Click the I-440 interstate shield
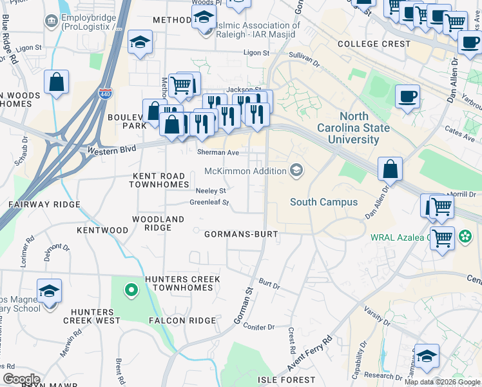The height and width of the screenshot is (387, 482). pyautogui.click(x=105, y=94)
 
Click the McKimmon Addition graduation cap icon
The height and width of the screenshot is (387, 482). pyautogui.click(x=296, y=171)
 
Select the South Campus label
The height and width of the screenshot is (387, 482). pyautogui.click(x=323, y=202)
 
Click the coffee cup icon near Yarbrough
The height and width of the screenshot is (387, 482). pyautogui.click(x=407, y=97)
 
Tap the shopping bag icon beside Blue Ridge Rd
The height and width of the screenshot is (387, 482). pyautogui.click(x=57, y=83)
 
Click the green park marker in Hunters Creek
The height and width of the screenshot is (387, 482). pyautogui.click(x=131, y=291)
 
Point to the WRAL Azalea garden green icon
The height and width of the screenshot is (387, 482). pyautogui.click(x=465, y=237)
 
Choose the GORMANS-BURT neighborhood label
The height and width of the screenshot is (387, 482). pyautogui.click(x=241, y=233)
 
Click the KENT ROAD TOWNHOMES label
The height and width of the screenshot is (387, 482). pyautogui.click(x=159, y=180)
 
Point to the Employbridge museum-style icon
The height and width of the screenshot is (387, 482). pyautogui.click(x=50, y=21)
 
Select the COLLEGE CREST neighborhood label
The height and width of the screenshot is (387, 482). pyautogui.click(x=374, y=44)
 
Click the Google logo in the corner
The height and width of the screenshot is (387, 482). pyautogui.click(x=21, y=379)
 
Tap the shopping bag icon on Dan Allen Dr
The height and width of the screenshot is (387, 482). pyautogui.click(x=390, y=170)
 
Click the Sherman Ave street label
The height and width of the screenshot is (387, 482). pyautogui.click(x=218, y=152)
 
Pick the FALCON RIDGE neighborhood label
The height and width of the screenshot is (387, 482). pyautogui.click(x=182, y=320)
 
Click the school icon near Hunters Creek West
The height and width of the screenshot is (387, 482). pyautogui.click(x=49, y=292)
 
